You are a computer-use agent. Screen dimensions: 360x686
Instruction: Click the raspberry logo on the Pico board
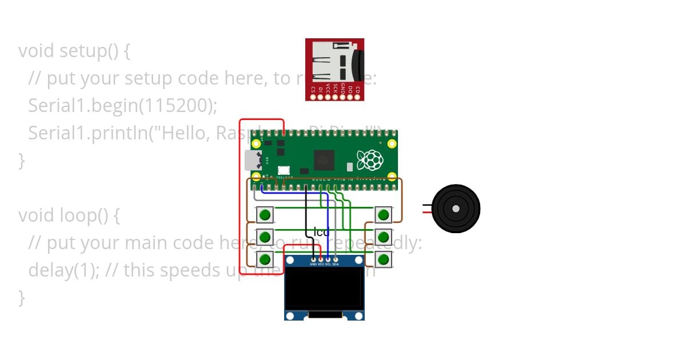369,160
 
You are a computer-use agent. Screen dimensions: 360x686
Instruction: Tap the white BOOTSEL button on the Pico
284,170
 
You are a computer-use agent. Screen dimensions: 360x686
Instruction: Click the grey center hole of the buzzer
456,209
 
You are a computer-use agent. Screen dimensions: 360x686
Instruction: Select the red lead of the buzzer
427,212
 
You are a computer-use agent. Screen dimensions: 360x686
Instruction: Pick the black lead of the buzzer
427,205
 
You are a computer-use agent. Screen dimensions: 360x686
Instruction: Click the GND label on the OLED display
313,265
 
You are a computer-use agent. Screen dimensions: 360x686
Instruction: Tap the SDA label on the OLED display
336,265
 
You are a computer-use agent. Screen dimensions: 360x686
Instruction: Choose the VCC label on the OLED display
321,265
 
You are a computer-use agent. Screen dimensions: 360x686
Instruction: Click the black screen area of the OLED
324,289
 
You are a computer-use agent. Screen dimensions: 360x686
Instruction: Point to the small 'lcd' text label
322,233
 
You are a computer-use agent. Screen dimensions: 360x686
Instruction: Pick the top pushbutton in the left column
264,215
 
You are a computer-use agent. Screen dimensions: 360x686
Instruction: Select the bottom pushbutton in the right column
384,259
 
